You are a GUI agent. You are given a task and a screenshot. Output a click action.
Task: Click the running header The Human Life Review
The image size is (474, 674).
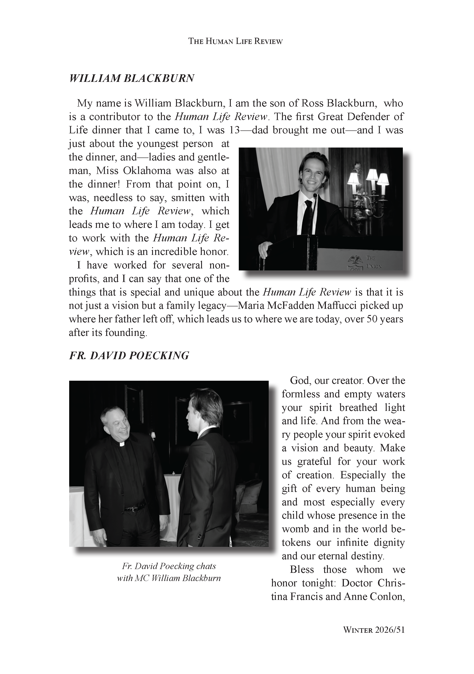pyautogui.click(x=235, y=41)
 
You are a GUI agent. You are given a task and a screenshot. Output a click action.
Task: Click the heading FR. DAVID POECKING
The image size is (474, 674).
pyautogui.click(x=129, y=355)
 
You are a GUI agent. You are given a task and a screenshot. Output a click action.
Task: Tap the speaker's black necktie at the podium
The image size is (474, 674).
pyautogui.click(x=308, y=217)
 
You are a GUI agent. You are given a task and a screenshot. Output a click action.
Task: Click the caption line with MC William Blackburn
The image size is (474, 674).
pyautogui.click(x=169, y=578)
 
